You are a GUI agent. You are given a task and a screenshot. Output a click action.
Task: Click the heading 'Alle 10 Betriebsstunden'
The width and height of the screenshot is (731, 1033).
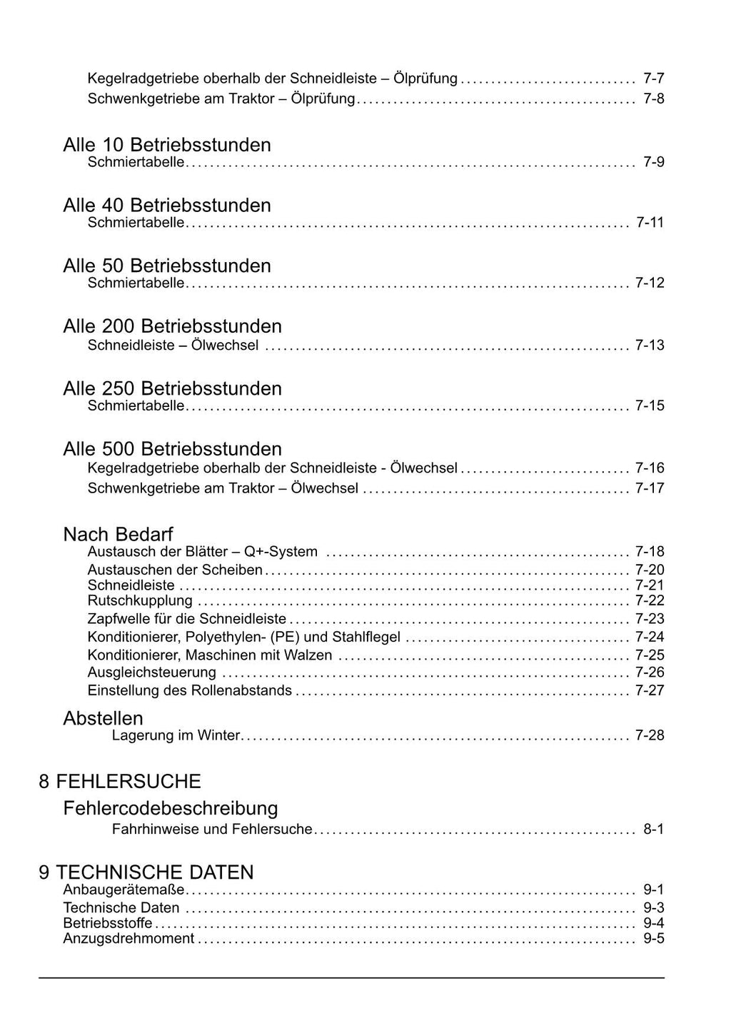coord(166,145)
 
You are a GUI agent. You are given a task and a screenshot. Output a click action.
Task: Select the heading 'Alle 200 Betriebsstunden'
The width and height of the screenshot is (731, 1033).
coord(172,326)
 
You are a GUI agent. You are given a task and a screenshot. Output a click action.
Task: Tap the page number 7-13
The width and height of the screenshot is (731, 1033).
coord(650,346)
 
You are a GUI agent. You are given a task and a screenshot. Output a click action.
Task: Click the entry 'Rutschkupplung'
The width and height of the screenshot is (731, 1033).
coord(140,601)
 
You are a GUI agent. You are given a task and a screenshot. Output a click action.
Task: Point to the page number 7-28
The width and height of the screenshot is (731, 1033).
coord(650,735)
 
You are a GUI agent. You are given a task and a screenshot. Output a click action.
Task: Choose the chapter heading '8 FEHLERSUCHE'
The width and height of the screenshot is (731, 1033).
coord(120,781)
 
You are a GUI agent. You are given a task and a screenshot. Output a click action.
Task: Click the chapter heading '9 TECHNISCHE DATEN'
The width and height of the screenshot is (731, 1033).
coord(146,872)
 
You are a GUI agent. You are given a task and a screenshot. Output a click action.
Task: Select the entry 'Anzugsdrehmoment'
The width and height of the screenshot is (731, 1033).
coord(128,939)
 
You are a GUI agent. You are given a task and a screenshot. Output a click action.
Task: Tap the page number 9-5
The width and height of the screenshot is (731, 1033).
coord(653,939)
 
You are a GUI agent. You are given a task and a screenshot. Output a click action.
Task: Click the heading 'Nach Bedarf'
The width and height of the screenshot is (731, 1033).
coord(118,534)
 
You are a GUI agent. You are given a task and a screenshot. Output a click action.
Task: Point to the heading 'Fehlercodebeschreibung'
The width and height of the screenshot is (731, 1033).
coord(171,808)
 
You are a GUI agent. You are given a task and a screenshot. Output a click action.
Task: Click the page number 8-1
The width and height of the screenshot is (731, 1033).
coord(653,830)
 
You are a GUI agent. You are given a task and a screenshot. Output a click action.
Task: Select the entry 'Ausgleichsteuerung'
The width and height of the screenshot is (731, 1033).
coord(151,672)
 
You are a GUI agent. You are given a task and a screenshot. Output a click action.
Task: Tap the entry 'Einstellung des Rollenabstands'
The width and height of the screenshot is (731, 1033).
coord(189,690)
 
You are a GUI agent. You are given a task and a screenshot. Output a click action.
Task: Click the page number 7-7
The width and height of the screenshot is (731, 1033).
coord(653,79)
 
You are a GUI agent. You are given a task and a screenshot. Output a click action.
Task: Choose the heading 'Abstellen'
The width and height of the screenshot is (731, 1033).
coord(103,718)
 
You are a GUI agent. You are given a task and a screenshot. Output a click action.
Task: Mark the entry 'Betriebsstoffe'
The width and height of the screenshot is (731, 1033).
coord(107,924)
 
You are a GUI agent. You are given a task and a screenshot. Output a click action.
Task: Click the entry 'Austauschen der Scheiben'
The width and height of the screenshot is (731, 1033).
coord(175,570)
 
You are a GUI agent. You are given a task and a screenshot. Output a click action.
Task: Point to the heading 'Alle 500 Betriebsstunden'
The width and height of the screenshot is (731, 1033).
coord(172,449)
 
